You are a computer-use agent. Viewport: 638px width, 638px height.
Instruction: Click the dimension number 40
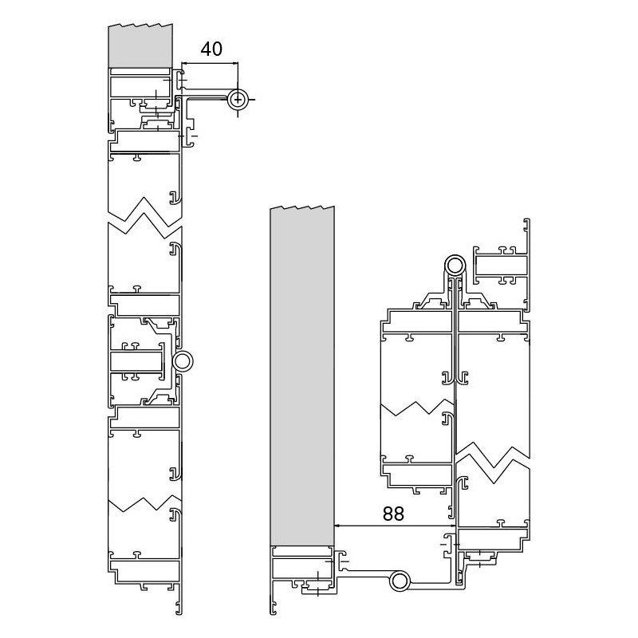coord(211,49)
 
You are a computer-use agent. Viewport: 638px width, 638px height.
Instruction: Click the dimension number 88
coord(393,514)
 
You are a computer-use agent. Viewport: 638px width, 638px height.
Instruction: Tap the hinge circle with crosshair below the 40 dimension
coord(238,100)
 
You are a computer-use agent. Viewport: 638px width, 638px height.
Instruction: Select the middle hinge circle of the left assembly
coord(183,361)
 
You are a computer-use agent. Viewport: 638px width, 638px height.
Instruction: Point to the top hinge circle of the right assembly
coord(455,266)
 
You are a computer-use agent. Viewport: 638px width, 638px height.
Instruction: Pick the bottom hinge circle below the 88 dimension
coord(400,581)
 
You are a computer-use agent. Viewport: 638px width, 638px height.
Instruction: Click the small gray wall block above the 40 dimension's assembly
coord(141,45)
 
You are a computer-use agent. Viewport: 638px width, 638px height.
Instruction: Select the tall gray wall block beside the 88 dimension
coord(302,376)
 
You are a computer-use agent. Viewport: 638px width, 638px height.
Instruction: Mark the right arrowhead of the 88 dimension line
coord(452,526)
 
